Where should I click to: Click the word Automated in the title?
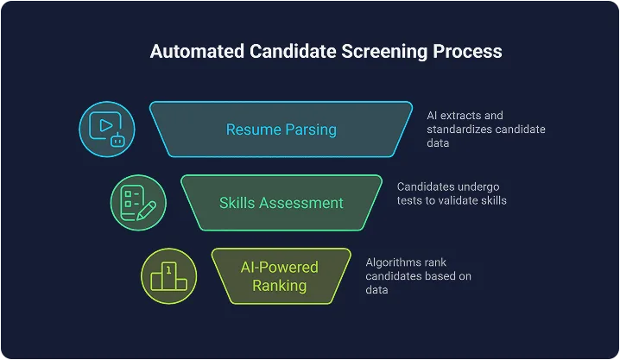tap(194, 51)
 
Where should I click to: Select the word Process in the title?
tap(467, 51)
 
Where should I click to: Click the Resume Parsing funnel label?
tap(281, 129)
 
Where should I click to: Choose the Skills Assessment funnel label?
tap(281, 203)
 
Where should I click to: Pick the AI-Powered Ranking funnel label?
tap(281, 276)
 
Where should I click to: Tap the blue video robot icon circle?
tap(106, 129)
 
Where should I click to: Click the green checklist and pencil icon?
tap(138, 203)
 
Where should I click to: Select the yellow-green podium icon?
tap(168, 276)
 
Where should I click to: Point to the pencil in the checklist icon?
tap(146, 209)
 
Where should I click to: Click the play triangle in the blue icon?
tap(104, 124)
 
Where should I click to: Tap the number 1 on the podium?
tap(169, 271)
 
